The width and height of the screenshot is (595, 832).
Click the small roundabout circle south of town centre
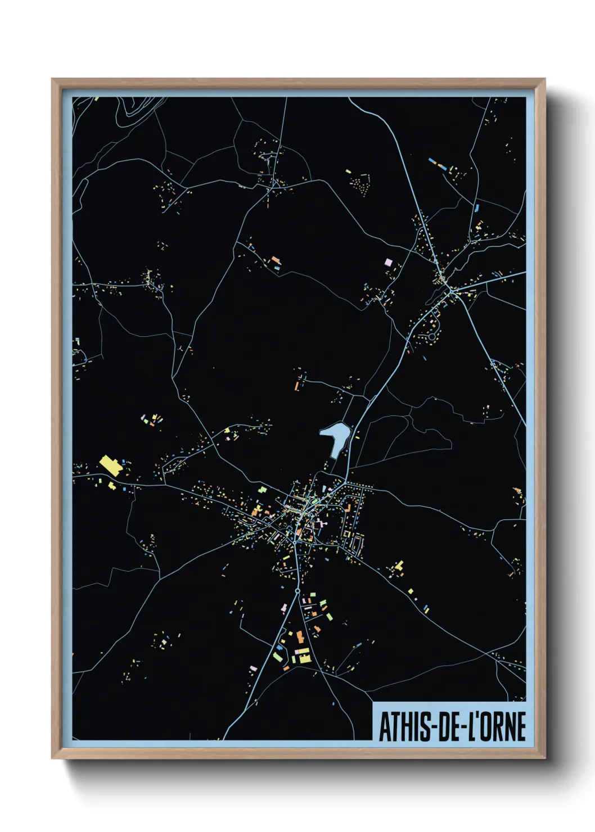click(297, 591)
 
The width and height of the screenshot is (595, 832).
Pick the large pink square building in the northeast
click(387, 262)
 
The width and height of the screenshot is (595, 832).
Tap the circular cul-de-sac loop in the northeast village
click(432, 337)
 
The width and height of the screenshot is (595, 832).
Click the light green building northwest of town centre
click(261, 490)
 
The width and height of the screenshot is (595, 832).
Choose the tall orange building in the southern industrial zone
click(300, 637)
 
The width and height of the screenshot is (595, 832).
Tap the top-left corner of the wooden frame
click(53, 80)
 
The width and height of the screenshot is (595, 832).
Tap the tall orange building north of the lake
click(296, 386)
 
